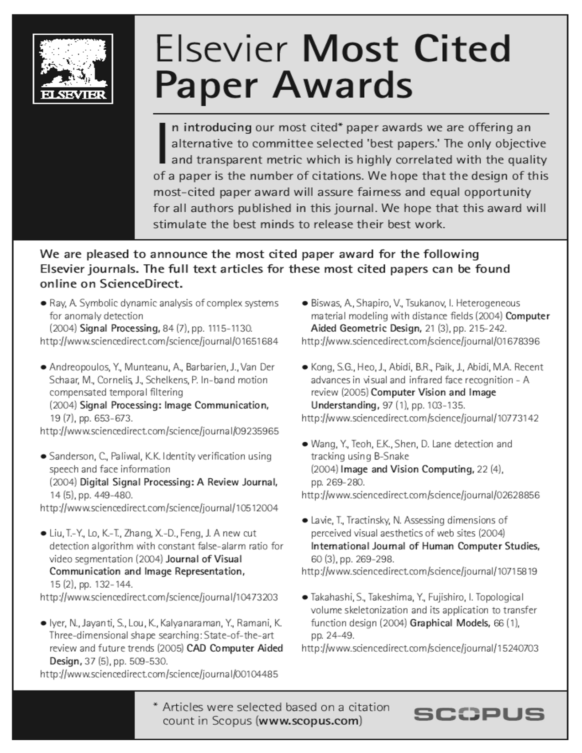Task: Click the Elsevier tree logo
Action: point(73,68)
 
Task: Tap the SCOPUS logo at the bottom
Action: point(479,714)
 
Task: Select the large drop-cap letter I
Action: point(161,143)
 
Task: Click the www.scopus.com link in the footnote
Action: point(309,721)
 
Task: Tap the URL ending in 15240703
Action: point(420,648)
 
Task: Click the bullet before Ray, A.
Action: point(43,303)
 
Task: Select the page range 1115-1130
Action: point(230,329)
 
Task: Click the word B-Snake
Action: point(392,456)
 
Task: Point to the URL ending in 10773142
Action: point(420,418)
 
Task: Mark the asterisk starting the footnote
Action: point(156,706)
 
